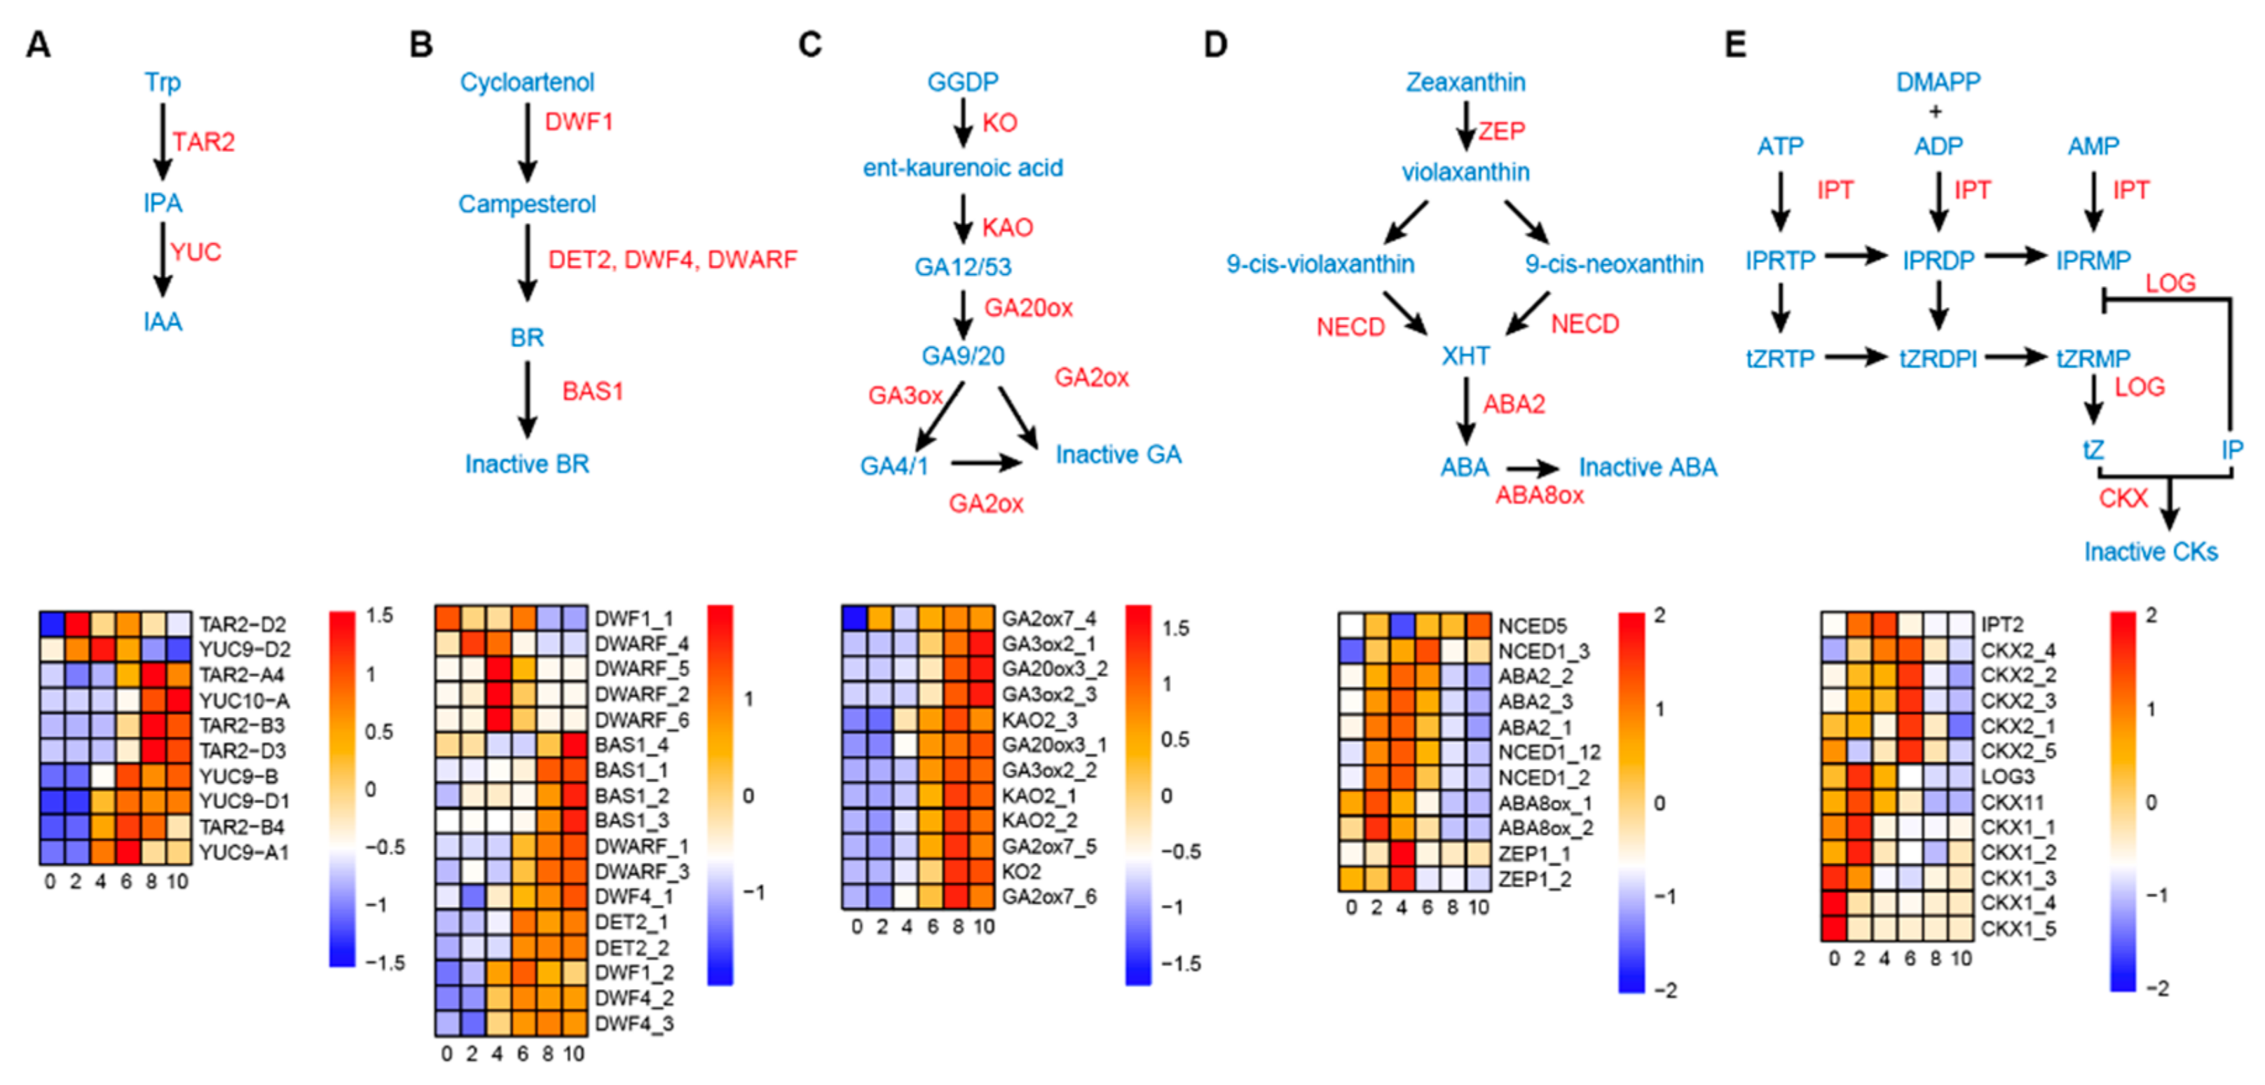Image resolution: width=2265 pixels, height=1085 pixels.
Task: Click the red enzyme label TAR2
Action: click(203, 142)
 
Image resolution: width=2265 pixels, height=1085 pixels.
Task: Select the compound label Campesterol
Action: click(527, 204)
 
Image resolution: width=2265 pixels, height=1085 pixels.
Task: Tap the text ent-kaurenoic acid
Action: click(963, 168)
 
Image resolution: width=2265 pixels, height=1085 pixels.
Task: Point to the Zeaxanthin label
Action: click(1465, 82)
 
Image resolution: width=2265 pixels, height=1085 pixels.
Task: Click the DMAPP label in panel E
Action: click(1937, 82)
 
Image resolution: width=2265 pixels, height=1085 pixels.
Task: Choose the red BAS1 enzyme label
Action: click(593, 391)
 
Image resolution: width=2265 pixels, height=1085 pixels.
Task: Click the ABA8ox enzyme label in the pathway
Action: click(1540, 495)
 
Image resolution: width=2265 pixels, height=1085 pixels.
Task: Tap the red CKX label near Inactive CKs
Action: click(2123, 498)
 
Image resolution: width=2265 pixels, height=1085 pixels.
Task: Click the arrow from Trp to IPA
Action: click(163, 141)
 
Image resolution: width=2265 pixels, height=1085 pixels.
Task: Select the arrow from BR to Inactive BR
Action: click(528, 398)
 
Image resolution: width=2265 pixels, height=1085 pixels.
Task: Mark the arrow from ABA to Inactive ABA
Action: click(1532, 469)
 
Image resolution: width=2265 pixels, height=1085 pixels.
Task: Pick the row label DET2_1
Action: click(631, 922)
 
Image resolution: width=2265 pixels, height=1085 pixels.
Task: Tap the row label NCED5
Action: click(1532, 626)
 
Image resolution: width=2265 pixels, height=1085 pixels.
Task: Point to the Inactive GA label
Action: click(1118, 455)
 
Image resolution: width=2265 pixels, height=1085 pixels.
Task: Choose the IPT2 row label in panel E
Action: click(2002, 625)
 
